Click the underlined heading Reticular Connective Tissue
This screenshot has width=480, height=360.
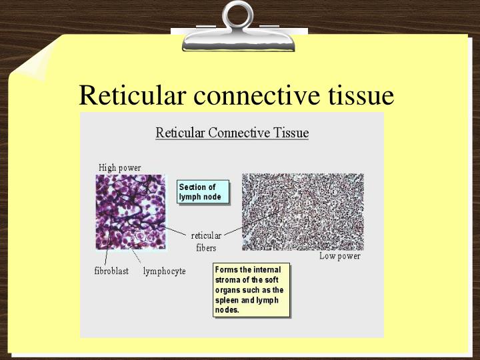[x=232, y=132]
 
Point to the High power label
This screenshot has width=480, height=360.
[x=120, y=167]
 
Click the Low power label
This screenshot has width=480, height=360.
[x=339, y=256]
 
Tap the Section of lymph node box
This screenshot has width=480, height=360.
[x=203, y=192]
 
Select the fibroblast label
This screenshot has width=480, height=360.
[x=111, y=271]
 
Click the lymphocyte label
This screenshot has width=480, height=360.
[x=164, y=271]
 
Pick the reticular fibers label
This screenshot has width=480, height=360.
[x=206, y=241]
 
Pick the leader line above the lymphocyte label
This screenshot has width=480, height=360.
[x=139, y=256]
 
